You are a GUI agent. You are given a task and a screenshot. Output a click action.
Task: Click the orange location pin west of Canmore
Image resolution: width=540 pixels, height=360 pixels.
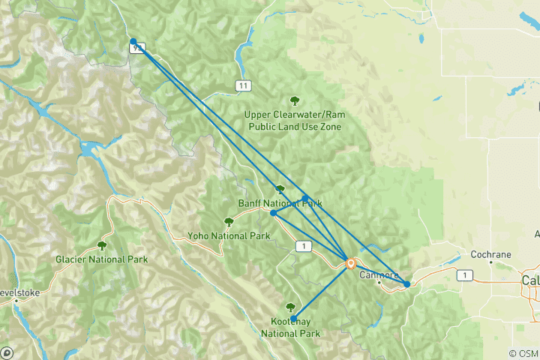point(350,262)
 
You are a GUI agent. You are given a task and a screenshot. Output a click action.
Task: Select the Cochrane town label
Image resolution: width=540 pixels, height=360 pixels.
point(490,254)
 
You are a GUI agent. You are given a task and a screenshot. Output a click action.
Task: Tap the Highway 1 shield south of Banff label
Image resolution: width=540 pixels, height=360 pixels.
point(302,246)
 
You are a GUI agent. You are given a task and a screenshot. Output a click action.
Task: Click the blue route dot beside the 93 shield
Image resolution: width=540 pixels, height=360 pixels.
point(133,42)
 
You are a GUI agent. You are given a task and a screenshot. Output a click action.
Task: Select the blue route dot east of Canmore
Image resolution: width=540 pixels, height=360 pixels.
point(406,284)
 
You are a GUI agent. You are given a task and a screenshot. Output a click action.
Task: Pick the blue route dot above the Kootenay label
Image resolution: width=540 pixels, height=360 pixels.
point(294,318)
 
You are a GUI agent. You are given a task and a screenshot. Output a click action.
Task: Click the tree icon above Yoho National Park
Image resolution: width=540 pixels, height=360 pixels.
point(229,222)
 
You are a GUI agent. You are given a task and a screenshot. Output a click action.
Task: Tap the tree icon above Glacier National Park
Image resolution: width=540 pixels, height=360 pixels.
point(101,245)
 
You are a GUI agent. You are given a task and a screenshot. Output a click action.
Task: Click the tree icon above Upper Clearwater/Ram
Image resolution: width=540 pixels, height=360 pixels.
point(294,100)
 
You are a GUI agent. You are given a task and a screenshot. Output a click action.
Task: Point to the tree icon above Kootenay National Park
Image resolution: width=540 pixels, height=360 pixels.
point(290,307)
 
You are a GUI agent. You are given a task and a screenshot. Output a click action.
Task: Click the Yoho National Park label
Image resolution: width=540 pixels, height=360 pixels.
point(229,235)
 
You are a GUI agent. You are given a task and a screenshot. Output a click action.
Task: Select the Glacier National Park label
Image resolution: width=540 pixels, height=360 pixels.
point(101,259)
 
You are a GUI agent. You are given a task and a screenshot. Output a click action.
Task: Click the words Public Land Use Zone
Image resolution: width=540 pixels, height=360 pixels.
point(292,127)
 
